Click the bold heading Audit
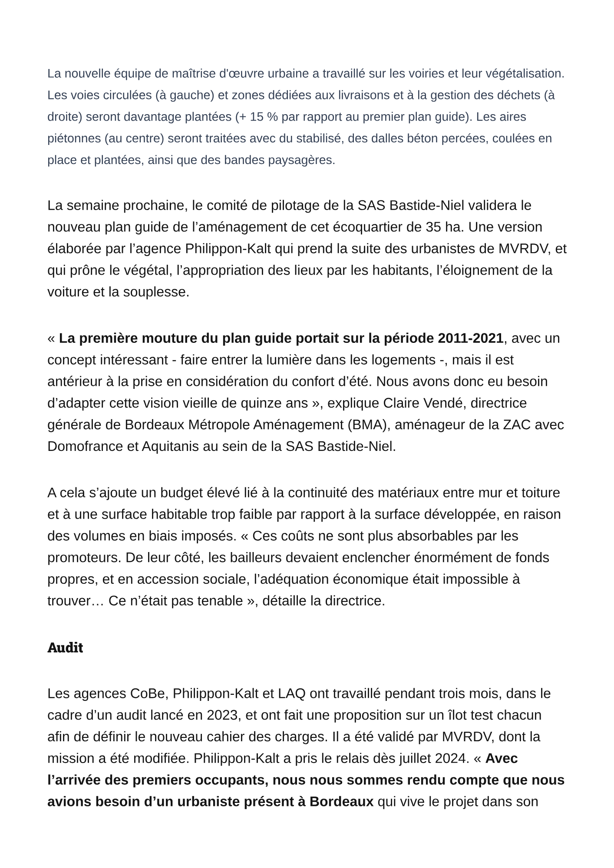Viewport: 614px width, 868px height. [65, 648]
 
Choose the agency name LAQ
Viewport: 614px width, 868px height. [292, 694]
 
